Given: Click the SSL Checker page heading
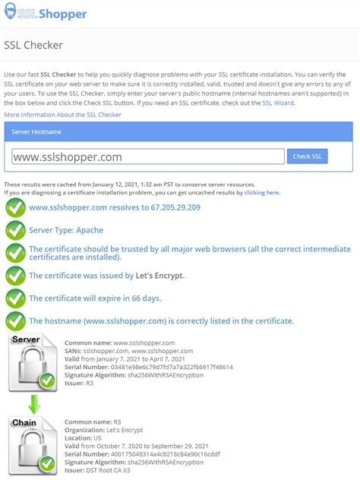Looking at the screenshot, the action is point(33,46).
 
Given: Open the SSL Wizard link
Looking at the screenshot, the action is point(278,103).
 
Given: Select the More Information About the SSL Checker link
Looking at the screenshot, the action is point(62,114).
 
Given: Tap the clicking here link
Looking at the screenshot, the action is point(261,192).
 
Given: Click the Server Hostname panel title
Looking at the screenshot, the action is point(36,131).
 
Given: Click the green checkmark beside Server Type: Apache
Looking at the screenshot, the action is point(15,230).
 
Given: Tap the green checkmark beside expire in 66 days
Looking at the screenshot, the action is point(15,298).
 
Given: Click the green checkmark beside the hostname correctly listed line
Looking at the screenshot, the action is point(15,321).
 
